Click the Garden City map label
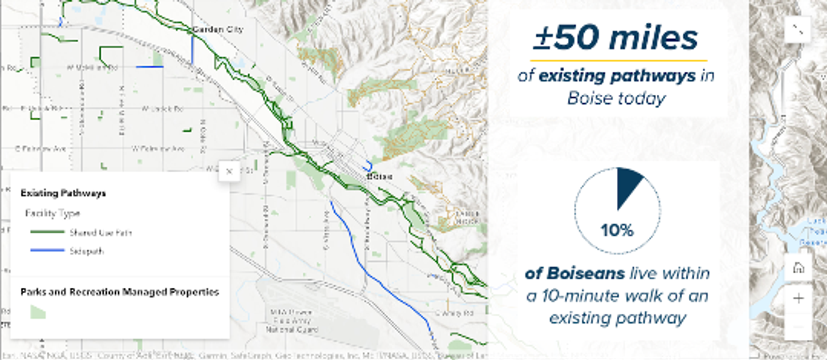[218, 30]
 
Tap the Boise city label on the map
[379, 177]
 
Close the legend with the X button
[229, 171]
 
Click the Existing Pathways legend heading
[63, 193]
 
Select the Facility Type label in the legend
[52, 213]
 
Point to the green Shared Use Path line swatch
[47, 233]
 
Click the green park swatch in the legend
[38, 312]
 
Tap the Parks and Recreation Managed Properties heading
[120, 292]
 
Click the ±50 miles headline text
[616, 38]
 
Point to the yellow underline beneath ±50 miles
[618, 61]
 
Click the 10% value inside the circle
[617, 231]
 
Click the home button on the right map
[798, 268]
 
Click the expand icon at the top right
[798, 29]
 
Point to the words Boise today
[616, 99]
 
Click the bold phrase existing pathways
[617, 76]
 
